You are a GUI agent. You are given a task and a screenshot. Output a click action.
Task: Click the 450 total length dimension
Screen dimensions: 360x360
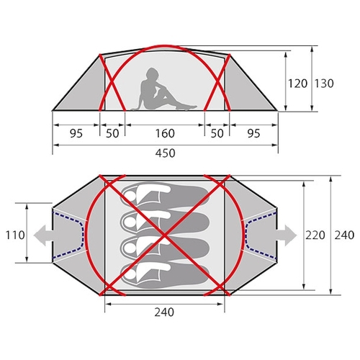click(x=165, y=153)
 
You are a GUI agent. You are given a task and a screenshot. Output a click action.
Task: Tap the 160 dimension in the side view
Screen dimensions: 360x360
click(x=165, y=133)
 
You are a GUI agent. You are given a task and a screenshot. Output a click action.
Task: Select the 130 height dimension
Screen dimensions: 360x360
click(x=324, y=84)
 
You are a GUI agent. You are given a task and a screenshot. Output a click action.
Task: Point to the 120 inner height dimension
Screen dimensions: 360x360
click(x=297, y=84)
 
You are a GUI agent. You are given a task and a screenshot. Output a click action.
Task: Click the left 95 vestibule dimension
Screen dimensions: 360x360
click(x=76, y=133)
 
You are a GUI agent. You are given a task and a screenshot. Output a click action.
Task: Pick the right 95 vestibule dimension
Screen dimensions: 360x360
click(x=253, y=133)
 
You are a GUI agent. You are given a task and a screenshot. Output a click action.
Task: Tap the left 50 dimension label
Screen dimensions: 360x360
click(x=112, y=133)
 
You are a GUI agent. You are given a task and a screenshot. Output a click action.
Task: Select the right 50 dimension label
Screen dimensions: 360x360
click(x=217, y=133)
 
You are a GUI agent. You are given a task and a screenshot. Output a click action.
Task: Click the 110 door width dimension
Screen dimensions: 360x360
click(x=15, y=235)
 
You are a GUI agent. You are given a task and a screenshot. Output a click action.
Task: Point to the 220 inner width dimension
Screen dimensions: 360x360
click(x=315, y=235)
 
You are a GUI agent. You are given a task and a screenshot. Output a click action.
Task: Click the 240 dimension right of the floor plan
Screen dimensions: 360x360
click(x=344, y=235)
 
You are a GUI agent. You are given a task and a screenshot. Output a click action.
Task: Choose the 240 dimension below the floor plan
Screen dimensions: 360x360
click(x=164, y=312)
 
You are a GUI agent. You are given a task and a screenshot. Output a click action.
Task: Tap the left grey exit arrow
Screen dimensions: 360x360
click(x=43, y=235)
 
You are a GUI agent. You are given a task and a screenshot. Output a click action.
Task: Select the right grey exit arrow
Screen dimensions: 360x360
click(x=287, y=235)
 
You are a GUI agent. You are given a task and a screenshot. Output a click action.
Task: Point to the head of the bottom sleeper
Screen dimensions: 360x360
click(x=129, y=274)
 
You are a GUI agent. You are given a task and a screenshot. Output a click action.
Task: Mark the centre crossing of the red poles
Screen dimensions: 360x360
click(x=165, y=235)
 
